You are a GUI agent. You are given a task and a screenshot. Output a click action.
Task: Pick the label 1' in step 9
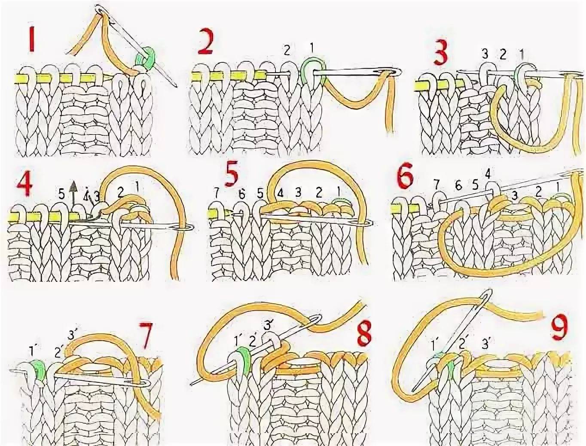(x=436, y=343)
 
